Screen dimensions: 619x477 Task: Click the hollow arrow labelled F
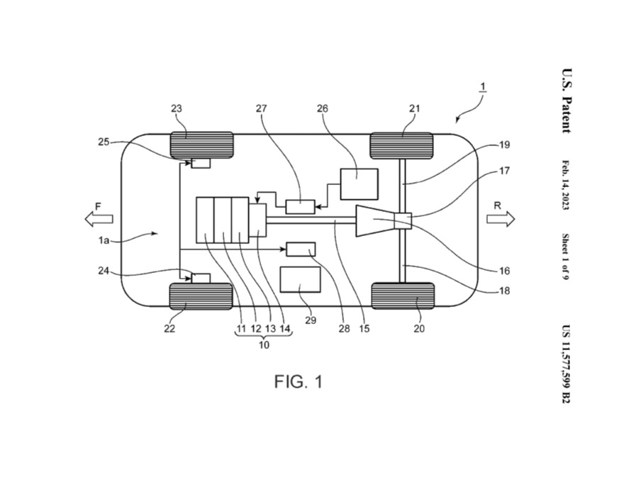tap(99, 218)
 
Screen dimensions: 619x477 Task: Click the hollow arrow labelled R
tap(501, 219)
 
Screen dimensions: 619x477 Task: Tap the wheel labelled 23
tap(201, 145)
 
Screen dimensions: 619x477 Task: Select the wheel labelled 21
tap(401, 145)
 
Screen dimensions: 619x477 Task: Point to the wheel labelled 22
tap(201, 296)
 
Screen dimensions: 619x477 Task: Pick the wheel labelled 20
tap(403, 296)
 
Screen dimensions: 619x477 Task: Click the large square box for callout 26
tap(359, 184)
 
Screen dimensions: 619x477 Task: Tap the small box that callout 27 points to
tap(301, 207)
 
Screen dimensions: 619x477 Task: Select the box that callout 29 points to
tap(301, 279)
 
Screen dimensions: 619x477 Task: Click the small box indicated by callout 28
tap(301, 249)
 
